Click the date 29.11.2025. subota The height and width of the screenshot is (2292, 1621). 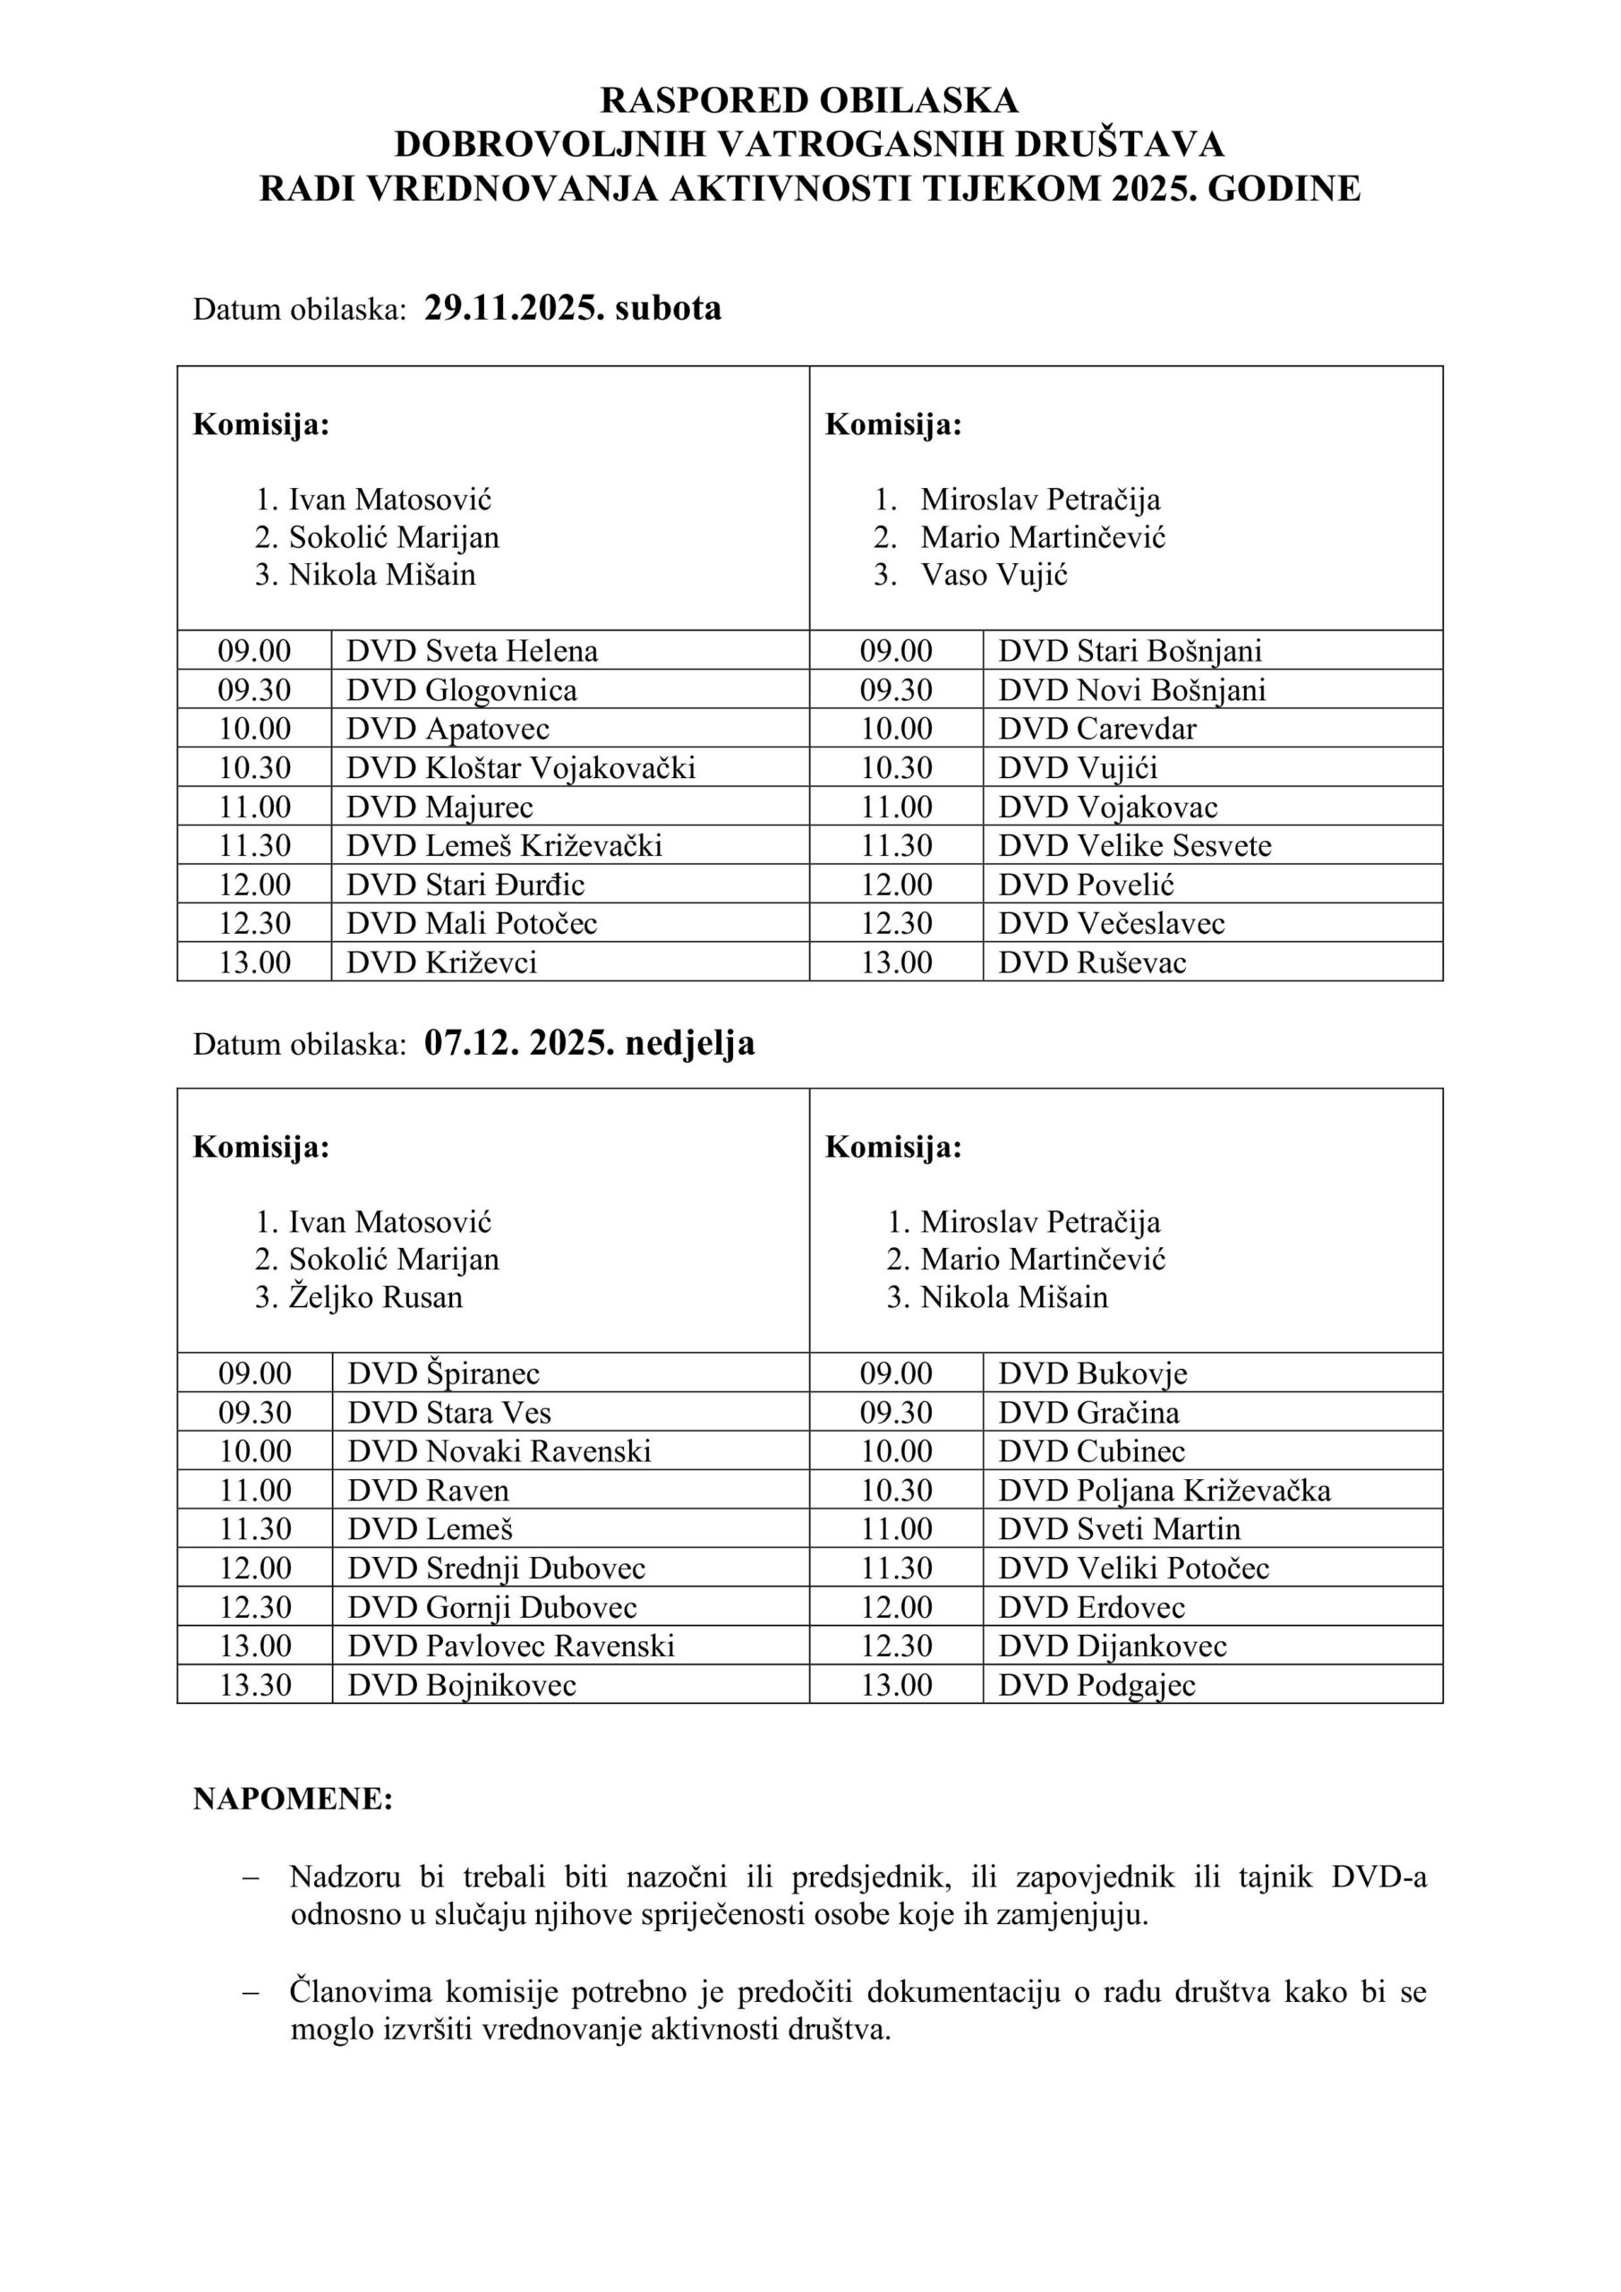click(572, 309)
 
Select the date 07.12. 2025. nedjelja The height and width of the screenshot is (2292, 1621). click(589, 1043)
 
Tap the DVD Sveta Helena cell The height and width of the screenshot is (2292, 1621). click(472, 651)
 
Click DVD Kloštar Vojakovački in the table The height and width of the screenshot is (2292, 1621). click(520, 767)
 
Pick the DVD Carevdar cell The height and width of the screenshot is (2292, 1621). click(1097, 729)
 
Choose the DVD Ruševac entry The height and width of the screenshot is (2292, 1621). click(1092, 962)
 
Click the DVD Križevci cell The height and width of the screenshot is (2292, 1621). click(442, 962)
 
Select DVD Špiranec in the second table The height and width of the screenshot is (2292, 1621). click(443, 1373)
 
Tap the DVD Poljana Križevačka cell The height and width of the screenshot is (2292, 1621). click(1164, 1491)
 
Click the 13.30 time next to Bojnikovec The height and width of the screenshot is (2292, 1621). click(255, 1685)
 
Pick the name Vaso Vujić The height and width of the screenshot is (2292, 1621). click(994, 575)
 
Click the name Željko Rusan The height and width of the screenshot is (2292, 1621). click(375, 1297)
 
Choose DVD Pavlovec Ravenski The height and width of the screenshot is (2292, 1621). click(511, 1646)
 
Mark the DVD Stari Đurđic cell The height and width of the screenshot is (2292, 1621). click(465, 885)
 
